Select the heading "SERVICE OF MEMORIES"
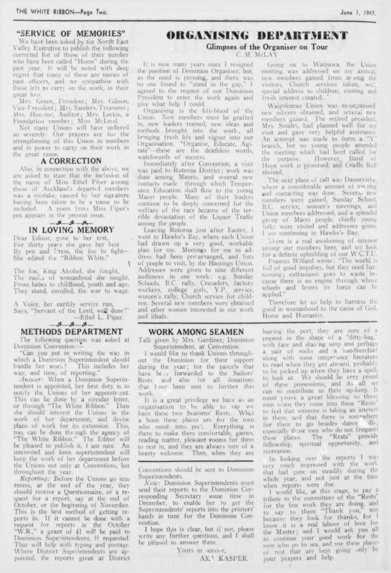(71, 34)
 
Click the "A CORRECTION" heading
(71, 161)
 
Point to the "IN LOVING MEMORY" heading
(71, 230)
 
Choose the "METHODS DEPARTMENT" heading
(71, 332)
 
